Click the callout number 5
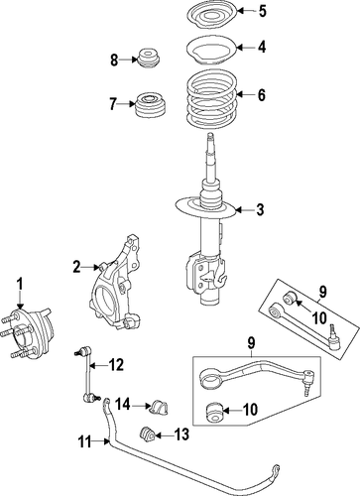[x=262, y=11]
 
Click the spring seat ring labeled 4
[x=211, y=52]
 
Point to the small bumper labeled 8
[x=148, y=60]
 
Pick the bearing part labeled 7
[x=151, y=105]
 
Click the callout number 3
[x=260, y=209]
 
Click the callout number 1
[x=20, y=284]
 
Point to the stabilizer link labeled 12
[x=87, y=374]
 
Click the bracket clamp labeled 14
[x=159, y=407]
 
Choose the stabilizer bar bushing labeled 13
[x=146, y=435]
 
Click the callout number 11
[x=84, y=441]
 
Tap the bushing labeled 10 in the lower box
[x=214, y=412]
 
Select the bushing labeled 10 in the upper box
[x=290, y=297]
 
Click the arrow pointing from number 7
[x=127, y=104]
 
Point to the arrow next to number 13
[x=162, y=435]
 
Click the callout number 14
[x=123, y=405]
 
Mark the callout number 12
[x=116, y=365]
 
